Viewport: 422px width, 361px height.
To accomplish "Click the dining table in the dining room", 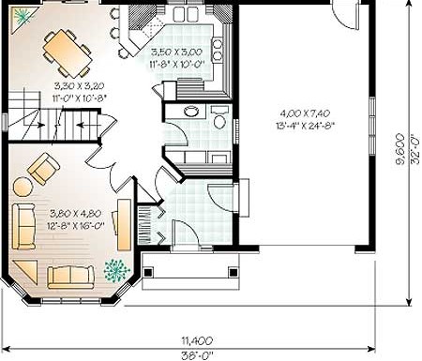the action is tap(68, 53).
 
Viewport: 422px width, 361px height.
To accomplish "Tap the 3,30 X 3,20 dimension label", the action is tap(79, 85).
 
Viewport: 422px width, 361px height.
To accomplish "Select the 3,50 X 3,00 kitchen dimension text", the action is tap(176, 52).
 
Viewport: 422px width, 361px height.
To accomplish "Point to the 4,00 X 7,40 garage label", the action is tap(305, 113).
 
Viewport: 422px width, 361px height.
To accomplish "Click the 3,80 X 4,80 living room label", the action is tap(75, 214).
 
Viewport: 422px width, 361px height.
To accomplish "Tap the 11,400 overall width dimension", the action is tap(197, 340).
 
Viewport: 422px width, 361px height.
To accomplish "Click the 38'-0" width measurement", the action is tap(197, 355).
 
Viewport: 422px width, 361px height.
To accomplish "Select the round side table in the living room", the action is tap(23, 187).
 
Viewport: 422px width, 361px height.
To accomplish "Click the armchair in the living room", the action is tap(44, 169).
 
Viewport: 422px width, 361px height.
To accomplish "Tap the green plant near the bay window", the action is tap(116, 270).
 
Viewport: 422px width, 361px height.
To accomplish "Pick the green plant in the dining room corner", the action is tap(22, 16).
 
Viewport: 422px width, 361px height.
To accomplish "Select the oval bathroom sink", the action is tap(191, 111).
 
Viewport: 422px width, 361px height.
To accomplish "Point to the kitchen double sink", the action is tap(188, 13).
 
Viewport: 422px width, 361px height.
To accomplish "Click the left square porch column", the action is tap(148, 272).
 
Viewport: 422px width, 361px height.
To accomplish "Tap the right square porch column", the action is tap(234, 272).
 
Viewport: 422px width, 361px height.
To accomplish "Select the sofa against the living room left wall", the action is tap(23, 226).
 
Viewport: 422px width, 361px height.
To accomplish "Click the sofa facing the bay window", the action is tap(70, 277).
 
